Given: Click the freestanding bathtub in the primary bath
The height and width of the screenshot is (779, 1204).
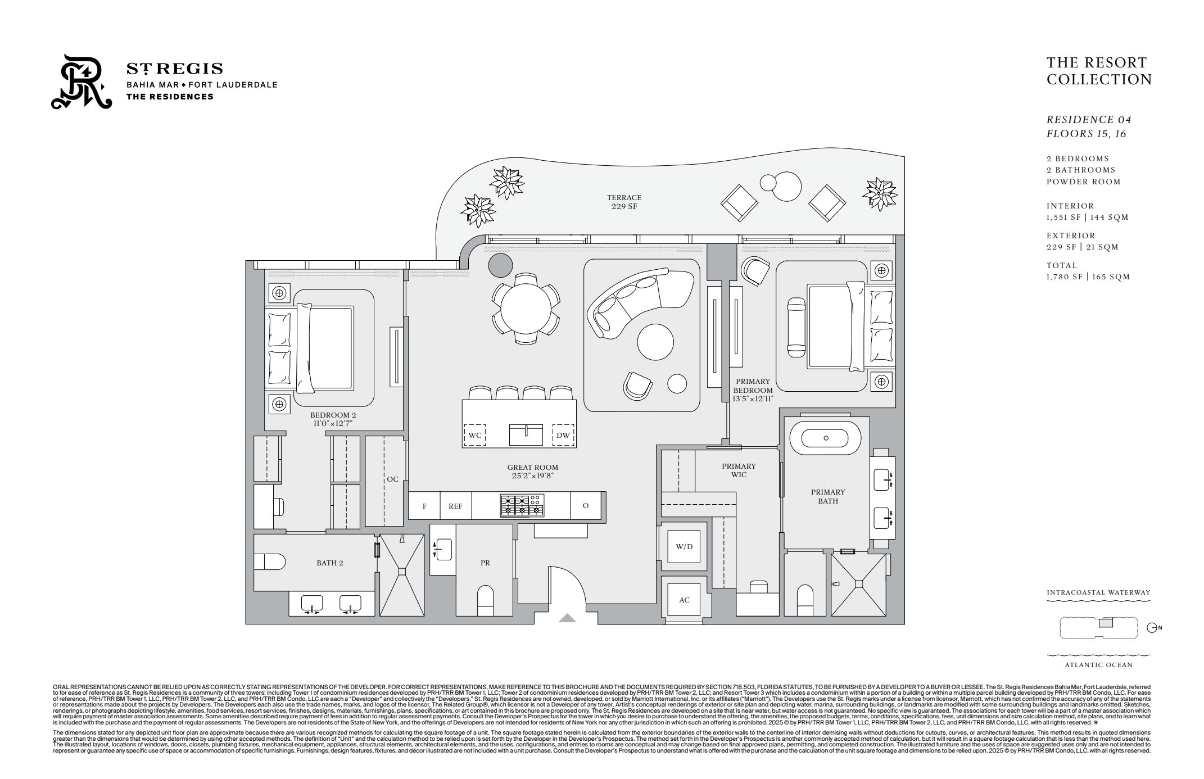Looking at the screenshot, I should point(825,438).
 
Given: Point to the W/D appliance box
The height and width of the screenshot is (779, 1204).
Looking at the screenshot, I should point(684,547).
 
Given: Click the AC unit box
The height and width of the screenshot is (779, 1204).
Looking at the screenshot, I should point(684,600).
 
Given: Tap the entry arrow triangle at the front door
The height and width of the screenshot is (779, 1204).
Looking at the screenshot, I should point(568,619).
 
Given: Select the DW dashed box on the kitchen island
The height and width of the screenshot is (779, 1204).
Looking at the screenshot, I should point(563,435).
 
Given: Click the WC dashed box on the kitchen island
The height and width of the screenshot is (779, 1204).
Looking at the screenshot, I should point(474,435).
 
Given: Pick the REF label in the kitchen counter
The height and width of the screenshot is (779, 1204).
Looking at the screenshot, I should point(455,506).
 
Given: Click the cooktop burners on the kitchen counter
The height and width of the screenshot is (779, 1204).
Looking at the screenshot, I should point(522,505).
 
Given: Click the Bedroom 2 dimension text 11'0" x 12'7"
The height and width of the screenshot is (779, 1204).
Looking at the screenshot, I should point(333,424).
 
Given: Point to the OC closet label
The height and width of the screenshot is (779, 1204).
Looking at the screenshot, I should point(392,479).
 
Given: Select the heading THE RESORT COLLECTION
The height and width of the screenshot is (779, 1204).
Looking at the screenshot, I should point(1098,71).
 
